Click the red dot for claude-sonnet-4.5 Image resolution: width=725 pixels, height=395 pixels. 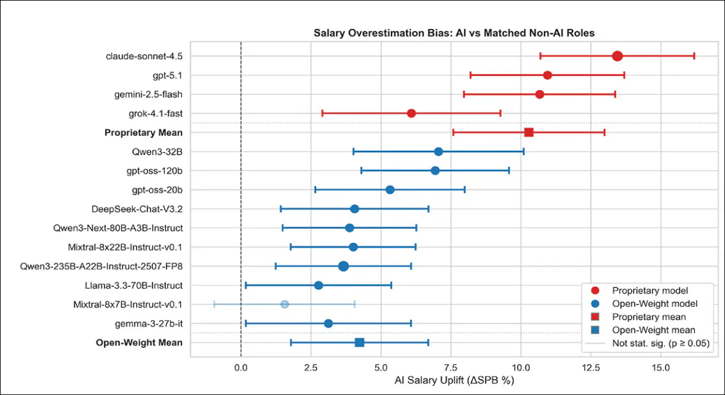[x=617, y=56]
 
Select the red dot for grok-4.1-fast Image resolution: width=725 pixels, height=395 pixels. [x=411, y=113]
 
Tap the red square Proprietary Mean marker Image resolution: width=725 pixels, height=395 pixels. [x=529, y=132]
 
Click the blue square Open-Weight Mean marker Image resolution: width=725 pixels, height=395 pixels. [x=359, y=342]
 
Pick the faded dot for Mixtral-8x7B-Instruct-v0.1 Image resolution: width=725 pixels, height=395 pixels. [x=284, y=304]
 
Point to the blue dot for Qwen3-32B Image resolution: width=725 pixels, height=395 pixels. [x=439, y=152]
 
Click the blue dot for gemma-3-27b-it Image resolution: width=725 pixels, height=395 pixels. [x=328, y=323]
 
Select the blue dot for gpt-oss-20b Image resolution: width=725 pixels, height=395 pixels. [x=390, y=189]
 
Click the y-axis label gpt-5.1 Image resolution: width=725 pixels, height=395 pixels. [x=167, y=75]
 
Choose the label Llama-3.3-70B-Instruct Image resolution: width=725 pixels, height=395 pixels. [x=133, y=286]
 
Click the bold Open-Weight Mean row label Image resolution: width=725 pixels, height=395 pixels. [x=139, y=343]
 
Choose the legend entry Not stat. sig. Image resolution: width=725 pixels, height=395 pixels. [x=660, y=343]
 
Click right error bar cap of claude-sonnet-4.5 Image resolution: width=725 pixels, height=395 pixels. [x=694, y=56]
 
